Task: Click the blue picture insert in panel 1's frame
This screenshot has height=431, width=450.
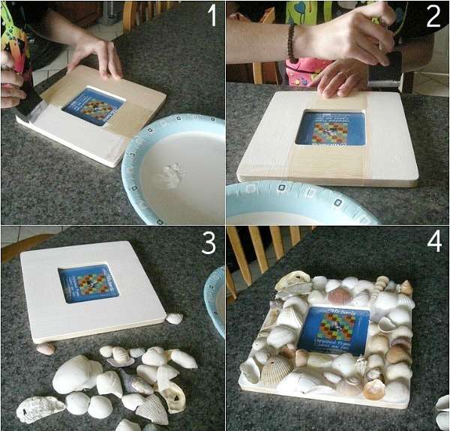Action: (x=92, y=105)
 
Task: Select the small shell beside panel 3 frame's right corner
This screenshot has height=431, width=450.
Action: (x=174, y=319)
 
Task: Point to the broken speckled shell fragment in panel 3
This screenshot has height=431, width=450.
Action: (x=39, y=409)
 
